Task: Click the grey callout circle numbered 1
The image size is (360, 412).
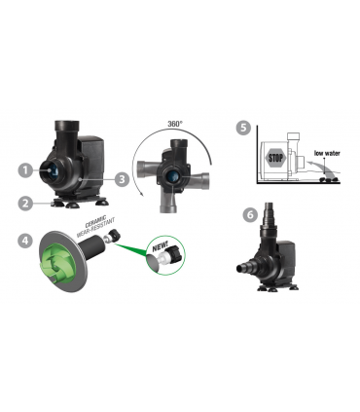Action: (25, 169)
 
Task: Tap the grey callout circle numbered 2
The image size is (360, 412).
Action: (25, 204)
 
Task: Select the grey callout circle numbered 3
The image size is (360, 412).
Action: (122, 178)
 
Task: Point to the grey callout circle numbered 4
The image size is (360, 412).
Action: (25, 241)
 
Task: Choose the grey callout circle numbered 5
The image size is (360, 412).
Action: (243, 128)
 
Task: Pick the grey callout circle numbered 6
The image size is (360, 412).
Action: (250, 214)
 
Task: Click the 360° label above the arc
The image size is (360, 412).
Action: (175, 124)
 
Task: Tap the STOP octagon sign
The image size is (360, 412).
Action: (276, 158)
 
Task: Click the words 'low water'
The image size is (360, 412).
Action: (327, 153)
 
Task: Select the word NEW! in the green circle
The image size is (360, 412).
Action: (161, 247)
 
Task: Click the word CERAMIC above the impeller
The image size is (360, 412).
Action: (95, 221)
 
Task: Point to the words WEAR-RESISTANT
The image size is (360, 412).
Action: (95, 228)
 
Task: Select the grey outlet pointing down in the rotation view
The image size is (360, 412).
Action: (168, 201)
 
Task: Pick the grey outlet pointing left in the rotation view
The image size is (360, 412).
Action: (147, 170)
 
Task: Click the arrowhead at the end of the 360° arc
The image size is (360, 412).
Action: (142, 194)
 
